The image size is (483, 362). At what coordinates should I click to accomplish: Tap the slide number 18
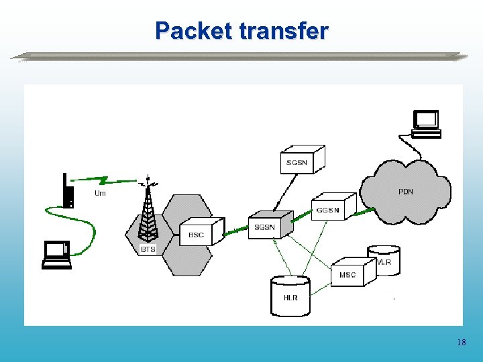point(461,343)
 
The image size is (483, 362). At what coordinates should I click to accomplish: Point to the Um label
point(100,194)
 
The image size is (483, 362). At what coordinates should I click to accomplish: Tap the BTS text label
point(148,249)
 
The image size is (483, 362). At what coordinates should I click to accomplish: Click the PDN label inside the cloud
point(406,192)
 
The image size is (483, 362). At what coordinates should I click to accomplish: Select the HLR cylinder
point(290,296)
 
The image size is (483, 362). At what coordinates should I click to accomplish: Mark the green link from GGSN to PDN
point(366,210)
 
